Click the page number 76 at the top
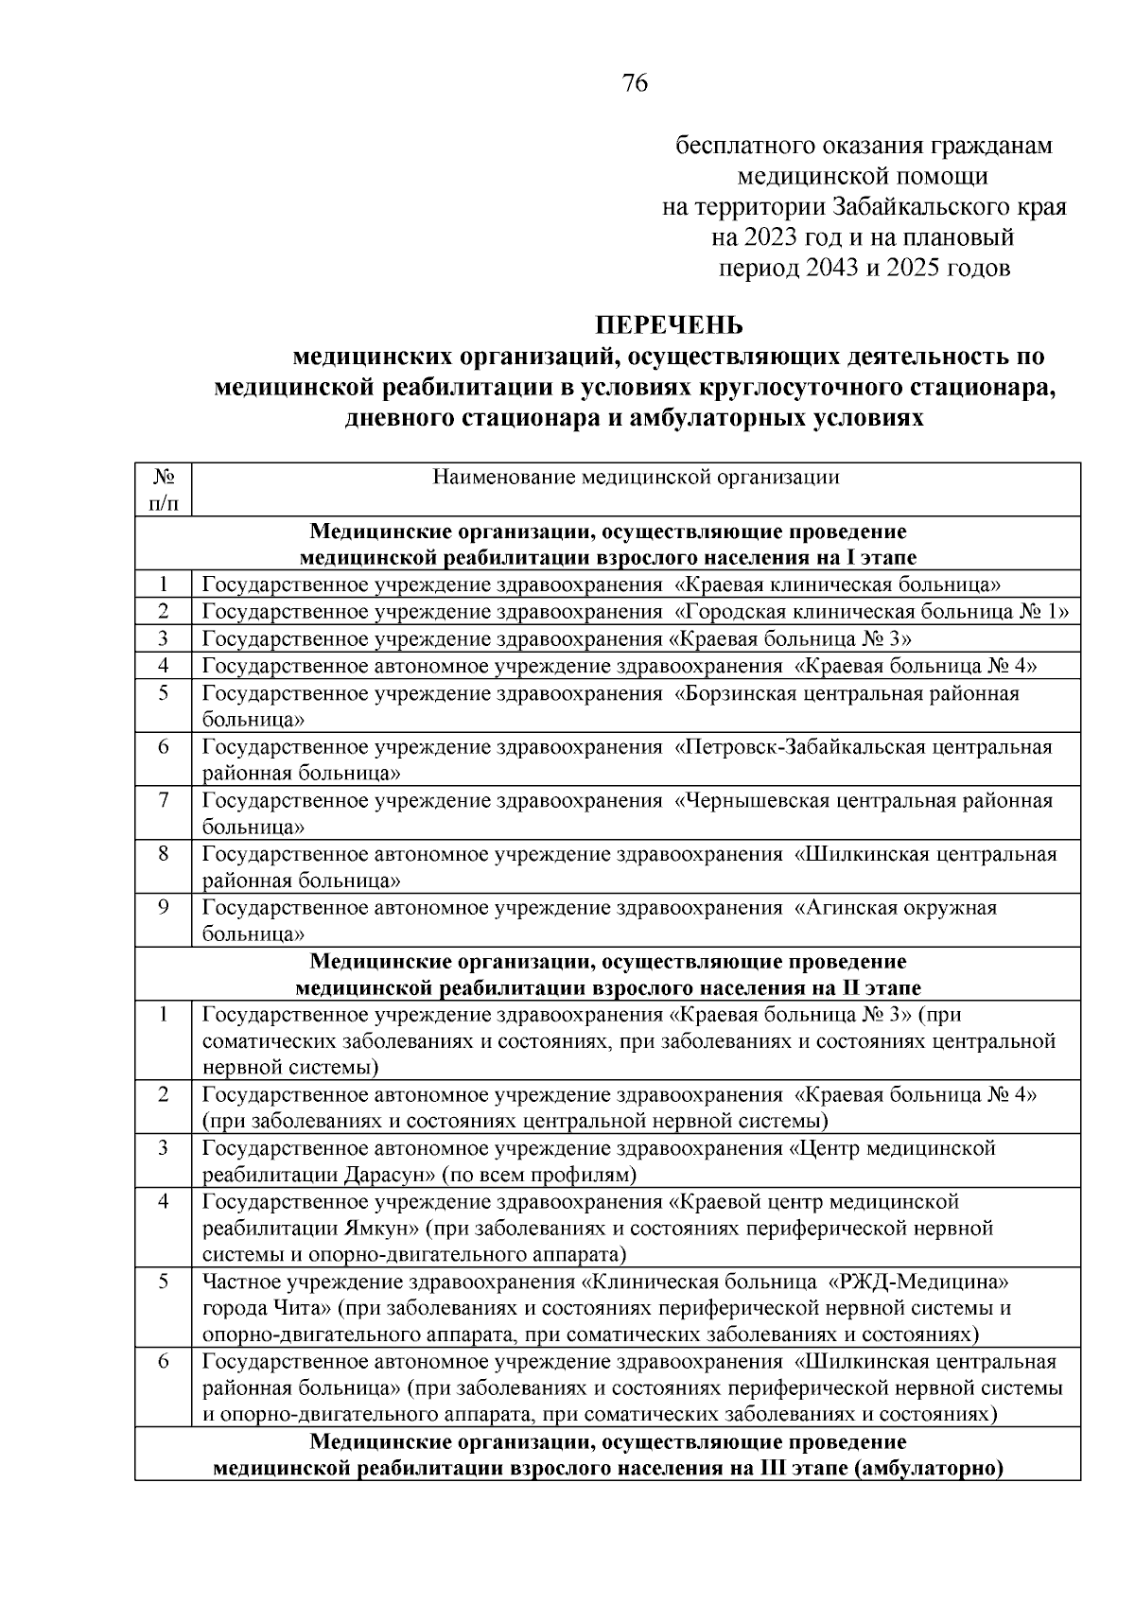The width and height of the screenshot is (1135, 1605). coord(636,84)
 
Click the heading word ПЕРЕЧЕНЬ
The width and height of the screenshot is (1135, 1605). coord(669,325)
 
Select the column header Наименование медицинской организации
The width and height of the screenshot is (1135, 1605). coord(636,477)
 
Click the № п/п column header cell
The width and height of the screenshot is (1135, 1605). coord(163,489)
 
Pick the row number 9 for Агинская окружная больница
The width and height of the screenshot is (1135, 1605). coord(163,908)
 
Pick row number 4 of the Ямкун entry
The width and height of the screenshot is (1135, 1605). coord(163,1201)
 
